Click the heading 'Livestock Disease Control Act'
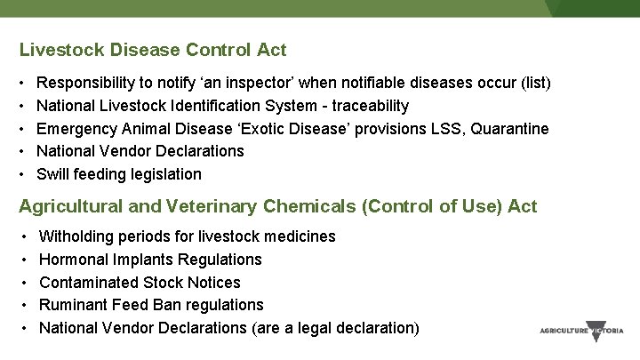(153, 50)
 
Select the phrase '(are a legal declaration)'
(336, 327)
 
